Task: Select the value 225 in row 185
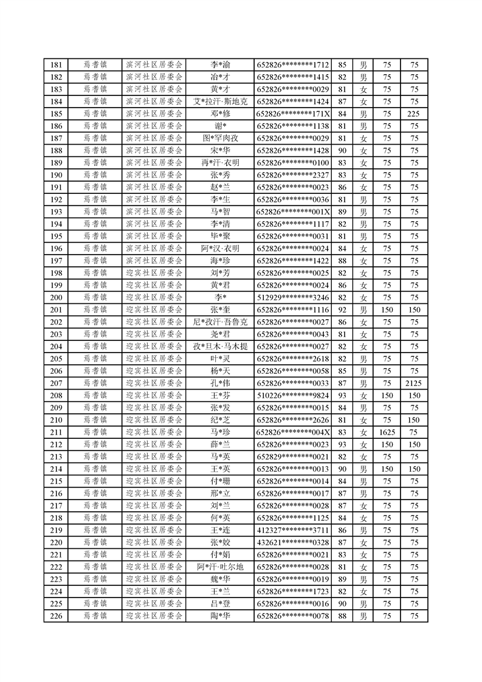(x=414, y=114)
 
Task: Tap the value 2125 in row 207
(x=414, y=383)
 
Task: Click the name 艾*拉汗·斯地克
(x=220, y=102)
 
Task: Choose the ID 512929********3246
(x=293, y=297)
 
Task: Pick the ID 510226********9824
(x=293, y=395)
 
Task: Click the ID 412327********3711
(x=293, y=530)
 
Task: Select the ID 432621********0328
(x=293, y=542)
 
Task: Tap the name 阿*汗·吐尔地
(x=220, y=567)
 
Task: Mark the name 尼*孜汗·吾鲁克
(x=220, y=322)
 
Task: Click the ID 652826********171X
(x=293, y=114)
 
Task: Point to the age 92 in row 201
(x=342, y=309)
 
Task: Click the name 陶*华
(x=220, y=616)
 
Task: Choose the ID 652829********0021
(x=293, y=456)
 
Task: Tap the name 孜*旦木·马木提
(x=220, y=346)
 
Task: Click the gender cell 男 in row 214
(x=363, y=469)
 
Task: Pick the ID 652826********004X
(x=293, y=432)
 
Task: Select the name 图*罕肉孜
(x=220, y=138)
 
